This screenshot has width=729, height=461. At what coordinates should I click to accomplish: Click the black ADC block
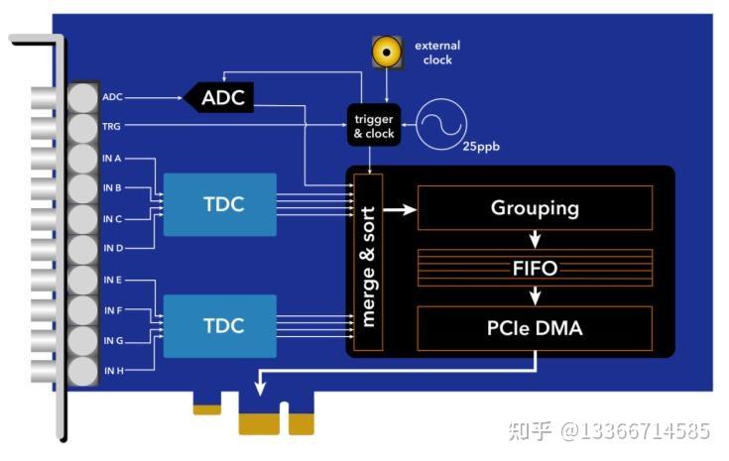[x=220, y=97]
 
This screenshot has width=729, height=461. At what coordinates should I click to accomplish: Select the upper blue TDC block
[x=220, y=204]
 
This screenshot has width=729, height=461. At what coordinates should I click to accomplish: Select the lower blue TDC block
[x=220, y=325]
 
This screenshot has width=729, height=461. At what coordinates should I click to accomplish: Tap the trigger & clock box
[x=373, y=126]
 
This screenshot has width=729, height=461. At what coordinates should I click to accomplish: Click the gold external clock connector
[x=386, y=52]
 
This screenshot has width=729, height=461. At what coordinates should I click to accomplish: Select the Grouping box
[x=535, y=208]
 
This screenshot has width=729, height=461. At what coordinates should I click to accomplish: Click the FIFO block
[x=535, y=268]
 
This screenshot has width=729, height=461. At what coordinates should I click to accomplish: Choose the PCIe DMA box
[x=535, y=328]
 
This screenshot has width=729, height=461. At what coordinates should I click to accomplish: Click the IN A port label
[x=112, y=158]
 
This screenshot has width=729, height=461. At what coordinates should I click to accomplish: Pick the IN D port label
[x=112, y=247]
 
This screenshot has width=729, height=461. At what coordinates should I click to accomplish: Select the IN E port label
[x=112, y=281]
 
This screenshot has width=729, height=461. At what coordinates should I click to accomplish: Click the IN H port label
[x=112, y=371]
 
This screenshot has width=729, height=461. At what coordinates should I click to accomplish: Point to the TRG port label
[x=111, y=126]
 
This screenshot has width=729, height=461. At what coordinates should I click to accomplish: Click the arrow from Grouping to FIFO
[x=535, y=239]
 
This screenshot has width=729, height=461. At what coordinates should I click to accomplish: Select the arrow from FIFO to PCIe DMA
[x=535, y=295]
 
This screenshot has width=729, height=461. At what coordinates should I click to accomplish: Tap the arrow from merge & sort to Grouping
[x=400, y=209]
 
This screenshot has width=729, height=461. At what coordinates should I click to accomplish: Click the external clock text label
[x=436, y=53]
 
